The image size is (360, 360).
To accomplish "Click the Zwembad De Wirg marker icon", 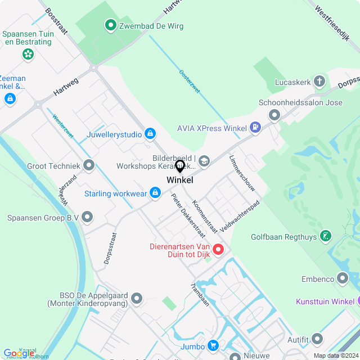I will (x=111, y=25).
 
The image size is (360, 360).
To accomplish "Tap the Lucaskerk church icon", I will (x=319, y=82).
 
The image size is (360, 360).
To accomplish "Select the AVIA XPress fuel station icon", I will (x=256, y=128).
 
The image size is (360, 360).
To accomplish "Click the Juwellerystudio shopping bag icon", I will (x=150, y=134).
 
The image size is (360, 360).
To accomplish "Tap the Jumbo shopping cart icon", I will (x=213, y=345).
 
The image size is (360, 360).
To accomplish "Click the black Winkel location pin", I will (x=180, y=166).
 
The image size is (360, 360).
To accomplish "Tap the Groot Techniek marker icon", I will (x=88, y=166).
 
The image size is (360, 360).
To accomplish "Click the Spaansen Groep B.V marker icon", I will (x=87, y=217).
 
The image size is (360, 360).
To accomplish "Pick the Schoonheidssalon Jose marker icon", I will (x=274, y=115).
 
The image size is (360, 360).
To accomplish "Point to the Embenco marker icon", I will (x=343, y=278).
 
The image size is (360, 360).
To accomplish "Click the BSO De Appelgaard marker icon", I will (x=137, y=298).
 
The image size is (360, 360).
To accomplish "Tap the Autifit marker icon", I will (x=318, y=339).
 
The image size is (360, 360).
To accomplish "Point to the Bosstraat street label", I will (x=56, y=21).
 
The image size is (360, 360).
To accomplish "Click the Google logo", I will (x=18, y=353).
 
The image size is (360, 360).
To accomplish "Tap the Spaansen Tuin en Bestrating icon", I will (x=27, y=55).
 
